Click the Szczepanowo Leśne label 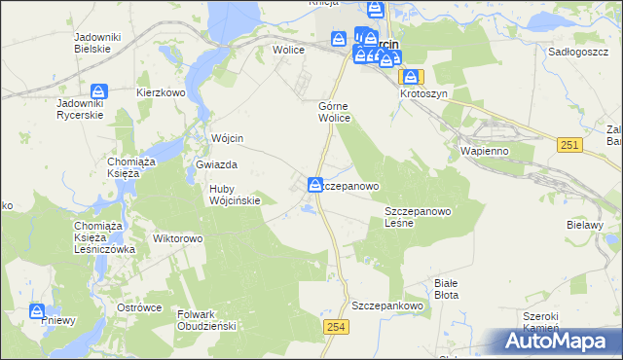(x=416, y=216)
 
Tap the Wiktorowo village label (x=177, y=237)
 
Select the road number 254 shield (x=336, y=328)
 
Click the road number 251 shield (x=571, y=145)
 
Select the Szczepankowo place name (x=390, y=305)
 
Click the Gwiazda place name (x=217, y=165)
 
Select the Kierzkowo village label (x=162, y=92)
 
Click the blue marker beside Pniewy (x=37, y=311)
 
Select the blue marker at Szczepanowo (x=316, y=184)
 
